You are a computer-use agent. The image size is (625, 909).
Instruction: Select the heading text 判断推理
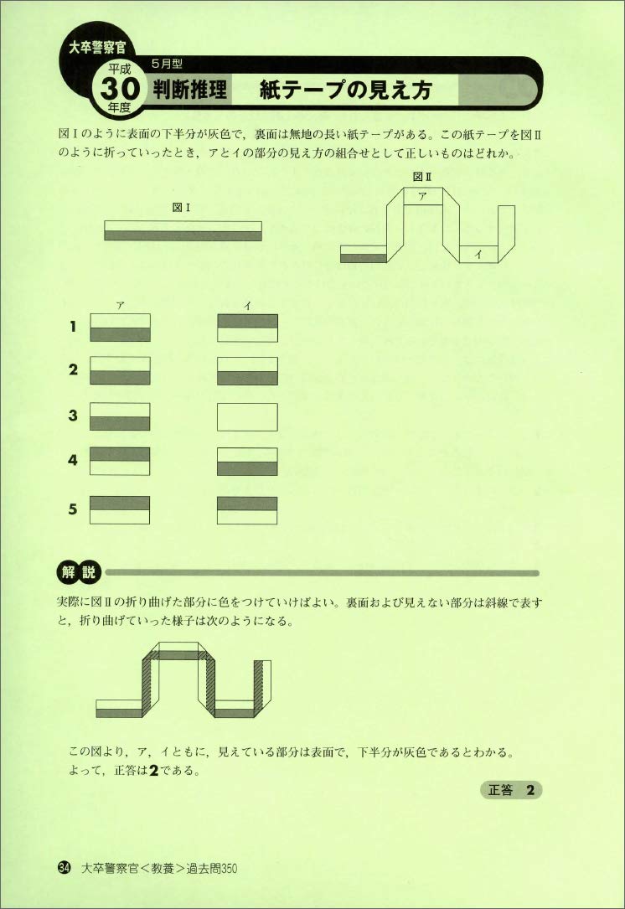pos(190,90)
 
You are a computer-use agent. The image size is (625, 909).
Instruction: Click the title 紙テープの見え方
pos(346,90)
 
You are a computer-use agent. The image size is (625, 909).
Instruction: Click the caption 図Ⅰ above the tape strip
pos(183,210)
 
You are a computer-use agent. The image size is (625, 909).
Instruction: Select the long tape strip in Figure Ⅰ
pos(183,230)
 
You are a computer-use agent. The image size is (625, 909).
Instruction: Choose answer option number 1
pos(74,328)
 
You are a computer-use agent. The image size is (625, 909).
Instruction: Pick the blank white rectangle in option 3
pos(247,416)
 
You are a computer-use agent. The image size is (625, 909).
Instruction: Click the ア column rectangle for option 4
pos(120,461)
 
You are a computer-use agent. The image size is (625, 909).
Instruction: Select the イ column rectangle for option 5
pos(247,509)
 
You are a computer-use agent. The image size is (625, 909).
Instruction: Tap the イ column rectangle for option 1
pos(247,328)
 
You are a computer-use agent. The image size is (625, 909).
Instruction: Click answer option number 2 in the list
pos(74,370)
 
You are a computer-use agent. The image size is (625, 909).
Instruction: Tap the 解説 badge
pos(79,573)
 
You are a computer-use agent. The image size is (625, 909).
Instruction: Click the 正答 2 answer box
pos(510,790)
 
